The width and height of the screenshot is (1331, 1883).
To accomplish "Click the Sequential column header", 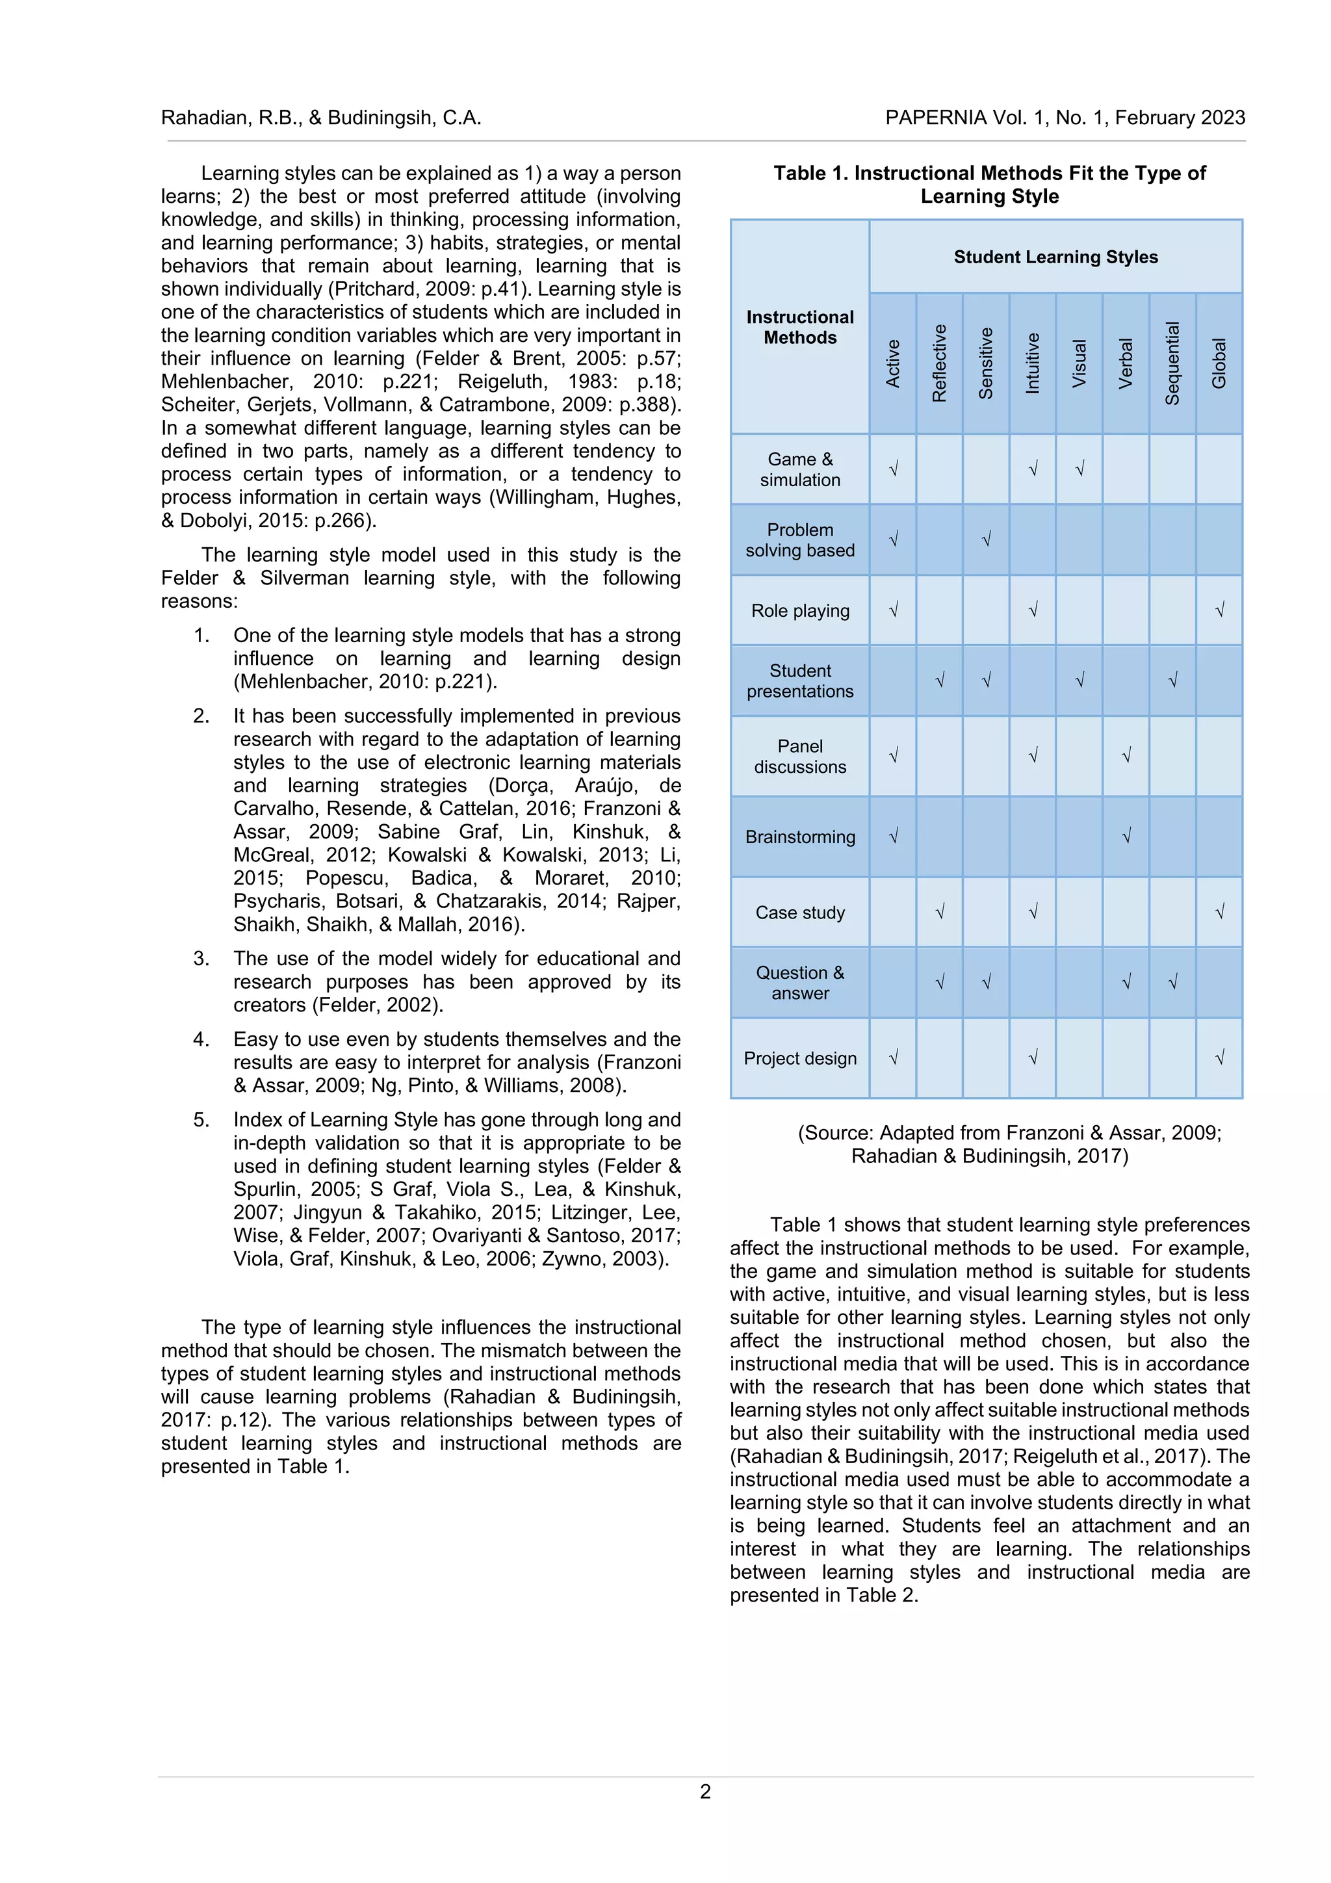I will [x=1172, y=363].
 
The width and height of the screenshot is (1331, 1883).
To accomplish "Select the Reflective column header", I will [x=939, y=363].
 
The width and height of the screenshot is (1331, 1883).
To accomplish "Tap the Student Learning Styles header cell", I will [x=1055, y=257].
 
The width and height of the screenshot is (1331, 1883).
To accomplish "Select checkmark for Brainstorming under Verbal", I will [x=1126, y=837].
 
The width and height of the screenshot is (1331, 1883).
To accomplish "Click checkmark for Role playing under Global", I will [x=1219, y=610].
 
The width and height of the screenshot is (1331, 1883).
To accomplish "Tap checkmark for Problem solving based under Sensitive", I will [x=986, y=539].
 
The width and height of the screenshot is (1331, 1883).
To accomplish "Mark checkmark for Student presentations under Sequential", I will [x=1172, y=680].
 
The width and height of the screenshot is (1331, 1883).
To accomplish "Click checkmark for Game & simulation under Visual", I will [x=1079, y=469].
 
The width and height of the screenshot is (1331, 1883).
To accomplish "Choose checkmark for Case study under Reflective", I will [x=940, y=912].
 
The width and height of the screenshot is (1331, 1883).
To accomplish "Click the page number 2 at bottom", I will [x=705, y=1791].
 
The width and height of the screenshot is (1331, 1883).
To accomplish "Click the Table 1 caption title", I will [x=989, y=185].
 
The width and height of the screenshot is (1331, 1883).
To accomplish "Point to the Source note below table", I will [x=1009, y=1144].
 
